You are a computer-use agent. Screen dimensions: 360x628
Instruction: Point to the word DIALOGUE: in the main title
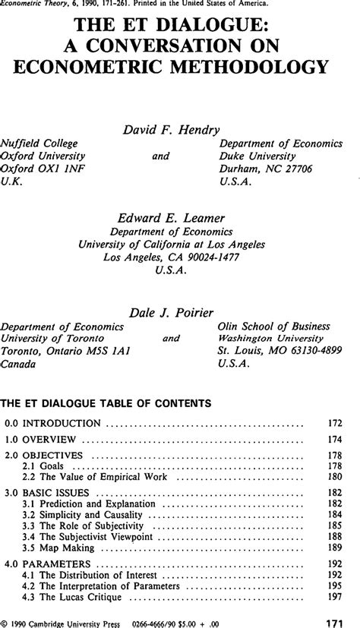coord(209,24)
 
